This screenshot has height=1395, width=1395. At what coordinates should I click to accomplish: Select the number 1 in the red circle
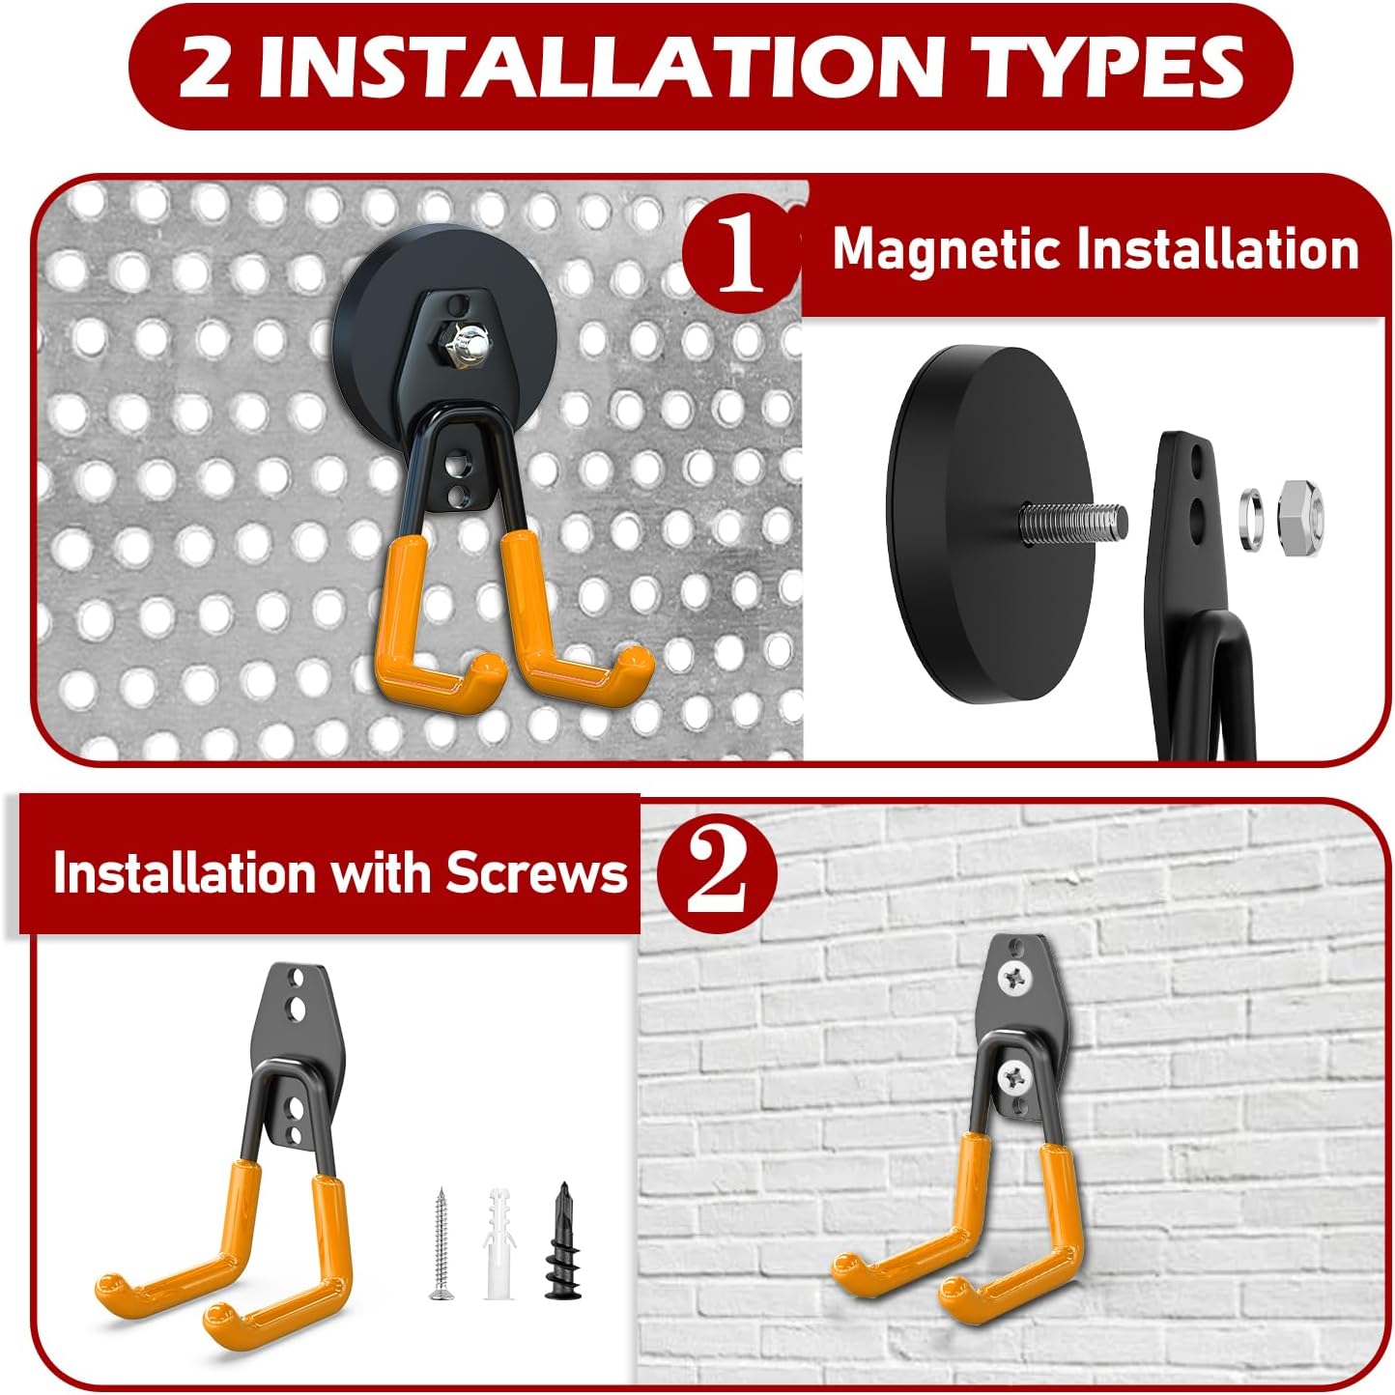coord(740,252)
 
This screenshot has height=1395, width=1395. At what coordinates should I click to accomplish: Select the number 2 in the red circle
coord(717,872)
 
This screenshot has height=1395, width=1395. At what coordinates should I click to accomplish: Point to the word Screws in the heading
coord(536,872)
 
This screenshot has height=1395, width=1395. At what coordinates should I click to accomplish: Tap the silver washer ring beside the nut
coord(1253,519)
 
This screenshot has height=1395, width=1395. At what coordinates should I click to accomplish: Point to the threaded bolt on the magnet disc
coord(1072,519)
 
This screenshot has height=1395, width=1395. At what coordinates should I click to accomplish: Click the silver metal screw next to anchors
coord(441,1244)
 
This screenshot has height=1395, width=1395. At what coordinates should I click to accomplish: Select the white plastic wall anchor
coord(498,1242)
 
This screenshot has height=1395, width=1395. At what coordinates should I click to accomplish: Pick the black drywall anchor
coord(560,1242)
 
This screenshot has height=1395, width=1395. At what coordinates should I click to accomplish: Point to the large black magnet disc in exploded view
coord(976,527)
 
